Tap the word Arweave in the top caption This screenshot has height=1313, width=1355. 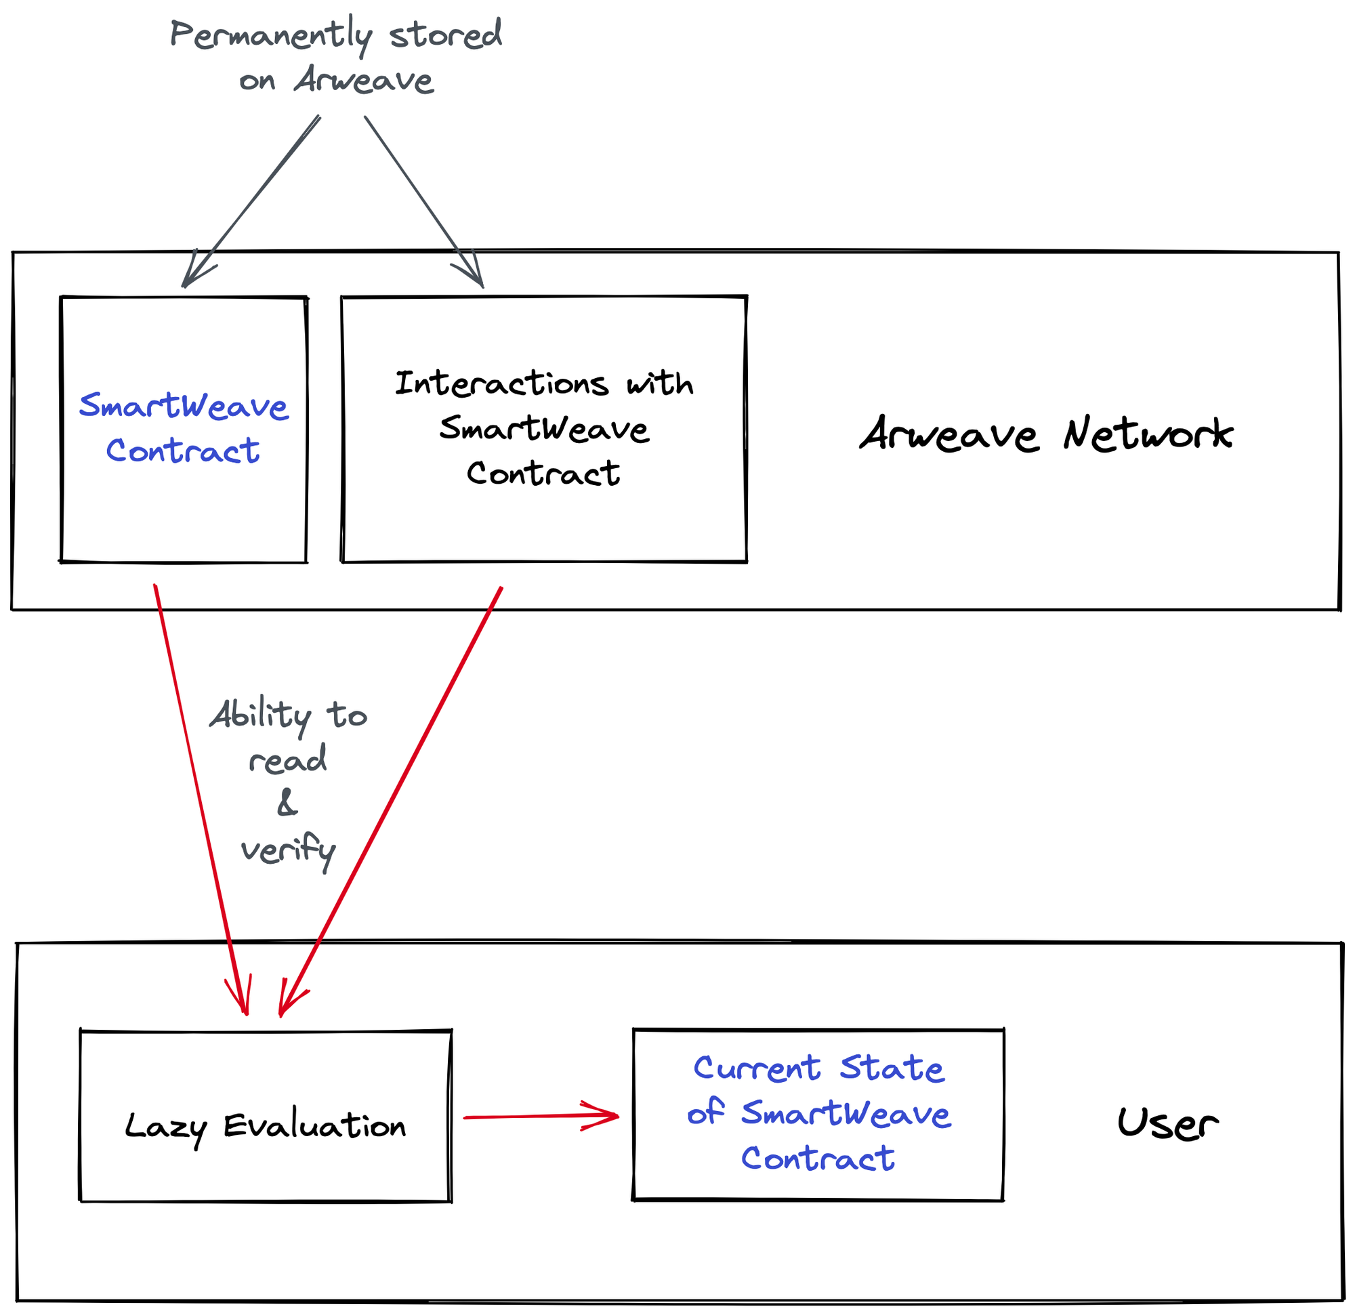click(364, 80)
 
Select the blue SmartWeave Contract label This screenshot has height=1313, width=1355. click(183, 428)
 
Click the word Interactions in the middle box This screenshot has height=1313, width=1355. click(501, 383)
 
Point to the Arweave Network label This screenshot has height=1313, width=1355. click(1045, 434)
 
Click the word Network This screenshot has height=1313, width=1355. click(1148, 434)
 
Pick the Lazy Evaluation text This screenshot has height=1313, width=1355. click(266, 1126)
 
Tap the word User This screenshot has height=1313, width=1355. click(1167, 1123)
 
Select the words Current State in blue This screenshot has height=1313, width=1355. click(818, 1069)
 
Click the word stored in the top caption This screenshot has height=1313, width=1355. click(445, 35)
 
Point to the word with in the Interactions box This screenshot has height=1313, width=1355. click(659, 383)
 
